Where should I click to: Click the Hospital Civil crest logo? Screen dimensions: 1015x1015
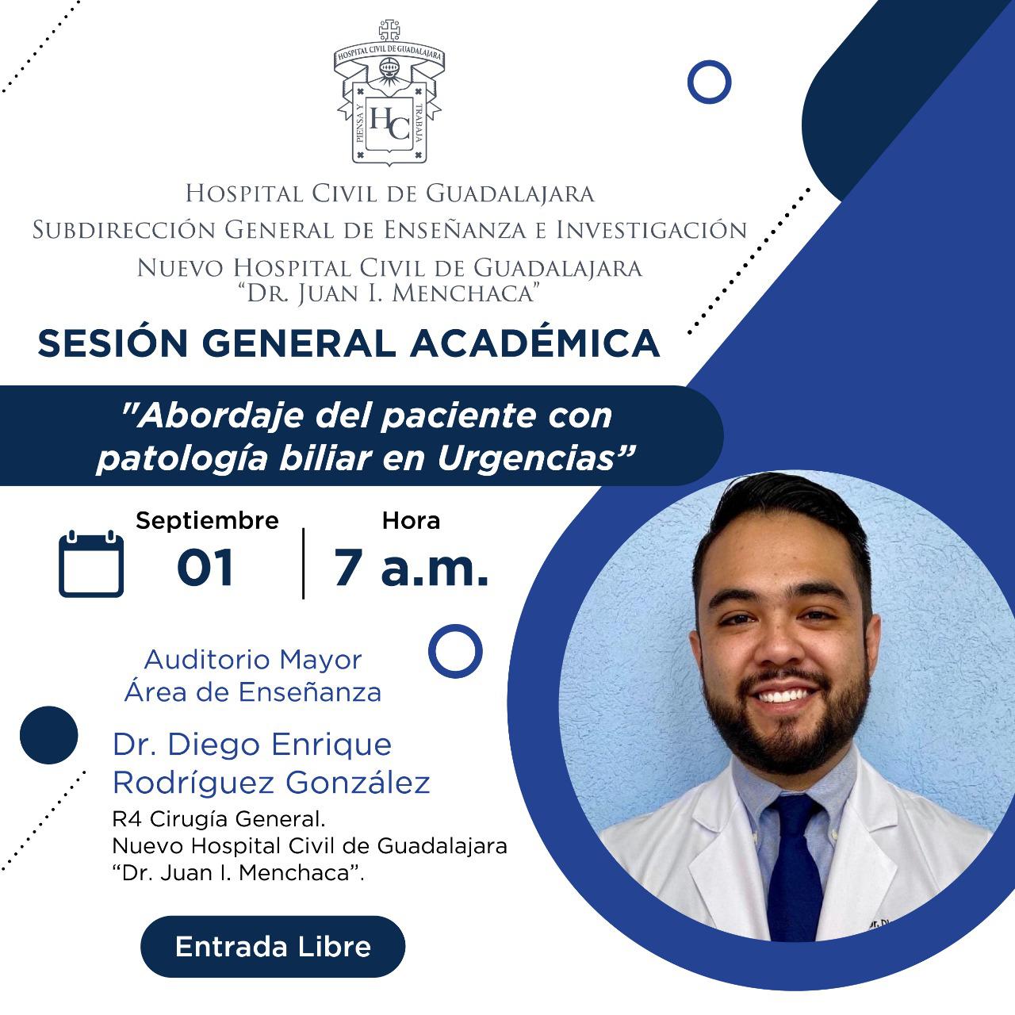point(389,93)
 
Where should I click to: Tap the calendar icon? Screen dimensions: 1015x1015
point(91,563)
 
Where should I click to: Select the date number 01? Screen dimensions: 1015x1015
point(205,567)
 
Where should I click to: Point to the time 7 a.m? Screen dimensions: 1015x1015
point(412,567)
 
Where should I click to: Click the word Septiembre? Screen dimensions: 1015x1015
point(207,521)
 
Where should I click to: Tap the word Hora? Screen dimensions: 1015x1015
point(411,520)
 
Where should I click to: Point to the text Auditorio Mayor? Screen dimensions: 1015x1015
point(253,661)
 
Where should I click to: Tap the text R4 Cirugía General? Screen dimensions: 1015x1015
point(219,819)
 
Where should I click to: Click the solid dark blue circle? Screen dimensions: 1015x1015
point(49,735)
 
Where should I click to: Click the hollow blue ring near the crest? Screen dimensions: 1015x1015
point(710,61)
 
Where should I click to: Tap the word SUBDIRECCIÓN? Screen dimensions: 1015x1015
point(124,230)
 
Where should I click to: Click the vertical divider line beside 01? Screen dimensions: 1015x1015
point(304,564)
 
